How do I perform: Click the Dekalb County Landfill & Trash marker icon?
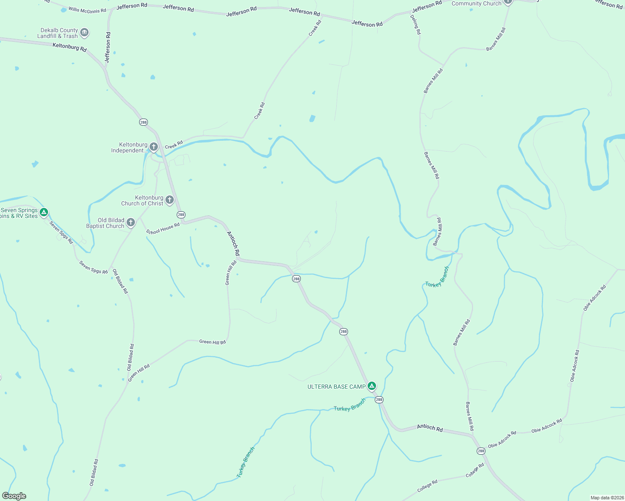pyautogui.click(x=84, y=33)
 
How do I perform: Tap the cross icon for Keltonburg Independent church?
pyautogui.click(x=154, y=147)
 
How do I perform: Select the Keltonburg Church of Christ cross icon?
pyautogui.click(x=170, y=200)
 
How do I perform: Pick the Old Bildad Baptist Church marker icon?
pyautogui.click(x=131, y=223)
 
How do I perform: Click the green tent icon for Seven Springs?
pyautogui.click(x=44, y=213)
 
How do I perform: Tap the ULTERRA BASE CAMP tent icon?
pyautogui.click(x=372, y=386)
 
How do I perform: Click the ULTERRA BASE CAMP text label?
pyautogui.click(x=336, y=387)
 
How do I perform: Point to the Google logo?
pyautogui.click(x=14, y=496)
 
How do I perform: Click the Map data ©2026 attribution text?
pyautogui.click(x=607, y=498)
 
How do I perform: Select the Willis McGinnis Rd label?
pyautogui.click(x=87, y=10)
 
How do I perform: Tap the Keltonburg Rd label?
pyautogui.click(x=69, y=47)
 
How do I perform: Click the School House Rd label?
pyautogui.click(x=163, y=229)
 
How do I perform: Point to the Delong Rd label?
pyautogui.click(x=416, y=25)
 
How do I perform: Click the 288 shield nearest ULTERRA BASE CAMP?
pyautogui.click(x=379, y=400)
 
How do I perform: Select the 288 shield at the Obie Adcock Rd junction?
pyautogui.click(x=481, y=451)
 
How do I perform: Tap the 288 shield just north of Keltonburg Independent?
pyautogui.click(x=143, y=122)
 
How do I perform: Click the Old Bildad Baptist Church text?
pyautogui.click(x=105, y=223)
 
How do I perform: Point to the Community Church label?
pyautogui.click(x=476, y=3)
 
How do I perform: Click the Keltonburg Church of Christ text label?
pyautogui.click(x=142, y=201)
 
